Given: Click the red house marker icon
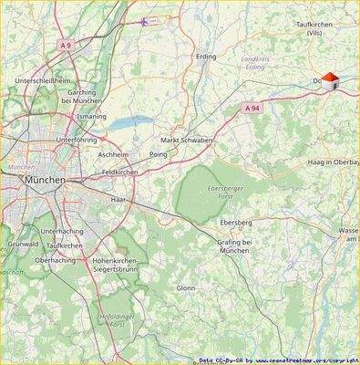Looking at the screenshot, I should click(330, 81).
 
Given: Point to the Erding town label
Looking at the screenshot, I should click(207, 57).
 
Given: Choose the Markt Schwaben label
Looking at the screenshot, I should click(186, 140).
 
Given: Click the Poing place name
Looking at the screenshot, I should click(158, 155).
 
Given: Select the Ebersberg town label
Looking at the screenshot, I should click(236, 222).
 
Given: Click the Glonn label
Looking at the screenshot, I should click(186, 287).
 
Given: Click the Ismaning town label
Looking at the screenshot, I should click(91, 118).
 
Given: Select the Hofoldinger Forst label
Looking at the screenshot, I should click(115, 319).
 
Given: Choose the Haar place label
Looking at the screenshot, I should click(117, 198).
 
